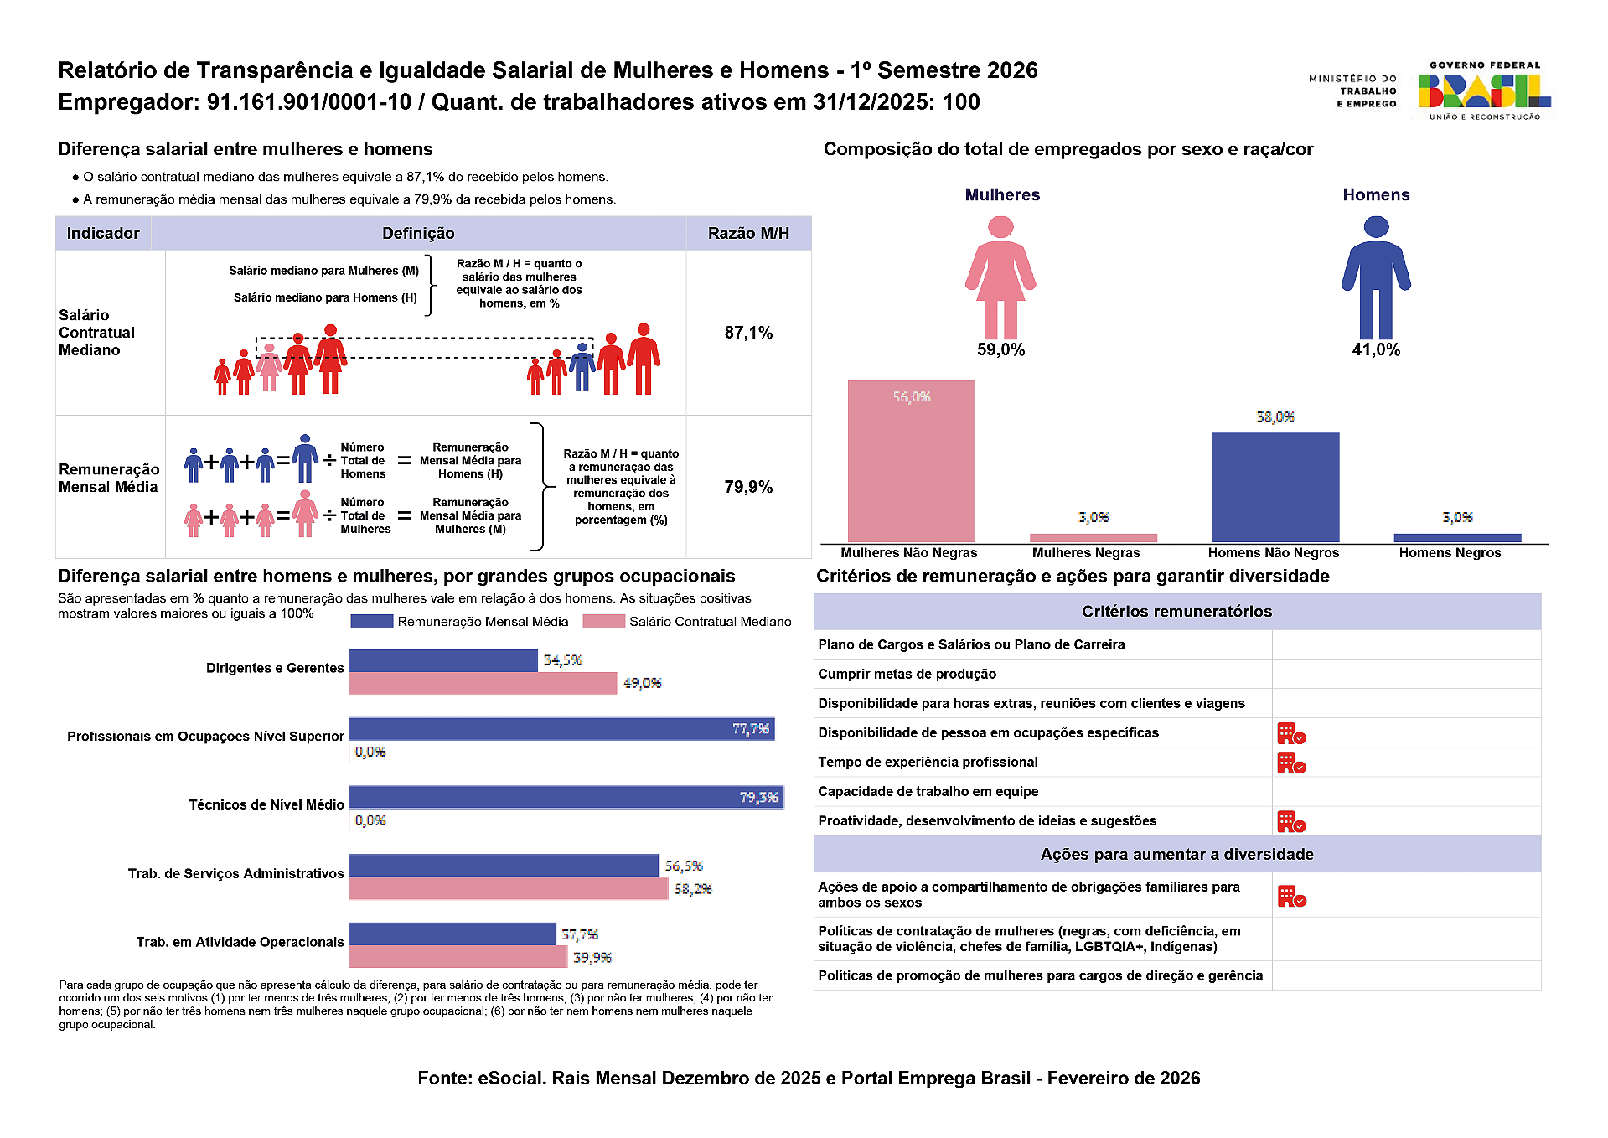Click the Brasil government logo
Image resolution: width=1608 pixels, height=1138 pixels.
point(1483,91)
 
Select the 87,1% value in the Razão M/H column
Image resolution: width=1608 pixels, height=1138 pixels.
point(748,333)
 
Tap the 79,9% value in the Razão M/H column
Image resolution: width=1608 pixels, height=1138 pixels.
point(748,487)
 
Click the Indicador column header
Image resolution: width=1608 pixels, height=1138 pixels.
point(103,233)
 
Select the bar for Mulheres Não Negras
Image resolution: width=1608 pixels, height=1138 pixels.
point(911,462)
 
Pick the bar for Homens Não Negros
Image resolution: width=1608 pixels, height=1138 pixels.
point(1275,487)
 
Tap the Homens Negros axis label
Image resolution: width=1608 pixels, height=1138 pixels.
point(1450,553)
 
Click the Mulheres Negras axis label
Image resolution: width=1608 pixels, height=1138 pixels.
point(1086,553)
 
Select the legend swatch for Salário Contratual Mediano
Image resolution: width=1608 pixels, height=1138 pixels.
point(603,622)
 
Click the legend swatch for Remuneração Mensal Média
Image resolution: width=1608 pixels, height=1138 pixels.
point(371,622)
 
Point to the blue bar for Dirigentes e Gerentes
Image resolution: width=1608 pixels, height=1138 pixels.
point(442,660)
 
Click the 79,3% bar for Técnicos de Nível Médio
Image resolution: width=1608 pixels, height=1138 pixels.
point(566,797)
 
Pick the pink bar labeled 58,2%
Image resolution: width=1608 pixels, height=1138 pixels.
point(508,888)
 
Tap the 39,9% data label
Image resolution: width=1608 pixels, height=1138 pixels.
point(592,957)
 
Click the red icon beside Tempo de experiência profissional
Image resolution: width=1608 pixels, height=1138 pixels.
point(1291,763)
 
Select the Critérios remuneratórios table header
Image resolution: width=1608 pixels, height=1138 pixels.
point(1176,612)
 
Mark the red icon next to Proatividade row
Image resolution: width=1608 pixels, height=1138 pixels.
point(1291,821)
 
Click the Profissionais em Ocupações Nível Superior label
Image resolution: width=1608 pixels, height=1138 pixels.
point(205,737)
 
